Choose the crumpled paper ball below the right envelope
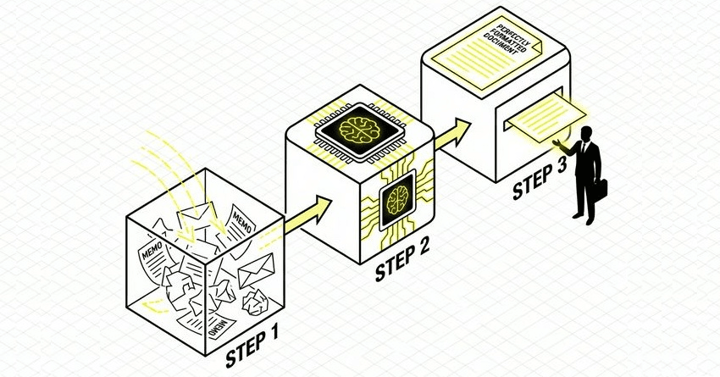(255, 302)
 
